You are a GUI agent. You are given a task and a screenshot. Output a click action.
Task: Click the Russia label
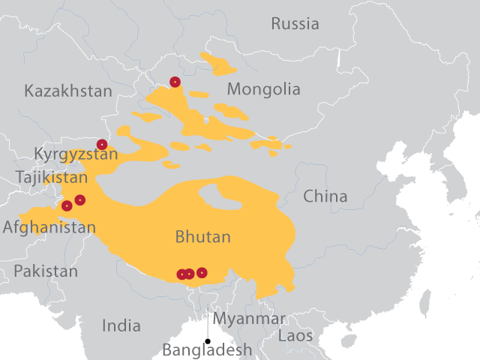pyautogui.click(x=295, y=24)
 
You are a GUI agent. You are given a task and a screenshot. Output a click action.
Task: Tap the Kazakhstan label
pyautogui.click(x=68, y=91)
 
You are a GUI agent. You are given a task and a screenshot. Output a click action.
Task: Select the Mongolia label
pyautogui.click(x=263, y=90)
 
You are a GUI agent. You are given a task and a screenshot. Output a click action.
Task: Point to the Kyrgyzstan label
pyautogui.click(x=76, y=154)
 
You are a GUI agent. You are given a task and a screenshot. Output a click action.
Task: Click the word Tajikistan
pyautogui.click(x=51, y=178)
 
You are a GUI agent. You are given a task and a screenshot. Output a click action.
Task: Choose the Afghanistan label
pyautogui.click(x=49, y=226)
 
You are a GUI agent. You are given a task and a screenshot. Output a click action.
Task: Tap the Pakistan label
pyautogui.click(x=45, y=271)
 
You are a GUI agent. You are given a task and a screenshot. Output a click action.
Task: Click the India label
pyautogui.click(x=121, y=325)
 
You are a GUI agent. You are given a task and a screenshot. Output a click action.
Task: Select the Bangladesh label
pyautogui.click(x=207, y=349)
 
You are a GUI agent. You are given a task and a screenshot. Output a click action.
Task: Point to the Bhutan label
pyautogui.click(x=202, y=238)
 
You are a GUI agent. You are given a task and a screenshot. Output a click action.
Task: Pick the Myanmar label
pyautogui.click(x=250, y=319)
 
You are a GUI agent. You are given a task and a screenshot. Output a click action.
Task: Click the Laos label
pyautogui.click(x=295, y=336)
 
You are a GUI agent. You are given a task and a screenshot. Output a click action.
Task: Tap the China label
pyautogui.click(x=325, y=196)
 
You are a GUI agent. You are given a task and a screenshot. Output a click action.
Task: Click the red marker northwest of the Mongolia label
pyautogui.click(x=175, y=82)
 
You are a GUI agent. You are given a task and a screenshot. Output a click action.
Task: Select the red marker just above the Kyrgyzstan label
pyautogui.click(x=102, y=144)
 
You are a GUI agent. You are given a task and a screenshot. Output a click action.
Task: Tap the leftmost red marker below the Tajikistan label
pyautogui.click(x=67, y=205)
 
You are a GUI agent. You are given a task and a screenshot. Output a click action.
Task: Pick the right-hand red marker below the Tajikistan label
pyautogui.click(x=80, y=199)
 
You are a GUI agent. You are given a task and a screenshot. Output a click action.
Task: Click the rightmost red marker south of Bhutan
pyautogui.click(x=202, y=272)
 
